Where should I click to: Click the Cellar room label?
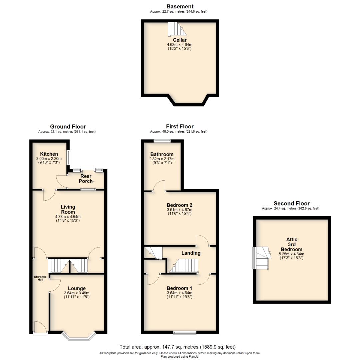coord(180,40)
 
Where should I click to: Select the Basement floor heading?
coord(180,6)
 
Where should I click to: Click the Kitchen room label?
coord(49,154)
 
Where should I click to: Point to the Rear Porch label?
coord(86,179)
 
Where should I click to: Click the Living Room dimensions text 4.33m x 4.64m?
coord(68,217)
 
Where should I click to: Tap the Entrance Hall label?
coord(40,278)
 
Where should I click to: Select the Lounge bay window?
coord(79,336)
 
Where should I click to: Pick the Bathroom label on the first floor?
coord(162,154)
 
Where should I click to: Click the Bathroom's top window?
coord(162,140)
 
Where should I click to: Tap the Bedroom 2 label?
coord(180,205)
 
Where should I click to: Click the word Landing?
coord(191,253)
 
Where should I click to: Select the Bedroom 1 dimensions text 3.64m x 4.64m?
coord(180,293)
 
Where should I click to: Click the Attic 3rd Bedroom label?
coord(291,244)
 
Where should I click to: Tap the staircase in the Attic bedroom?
coord(261,258)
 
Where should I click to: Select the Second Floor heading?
coord(291,203)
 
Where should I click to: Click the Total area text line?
coord(180,347)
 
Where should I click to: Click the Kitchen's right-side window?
coord(69,157)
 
